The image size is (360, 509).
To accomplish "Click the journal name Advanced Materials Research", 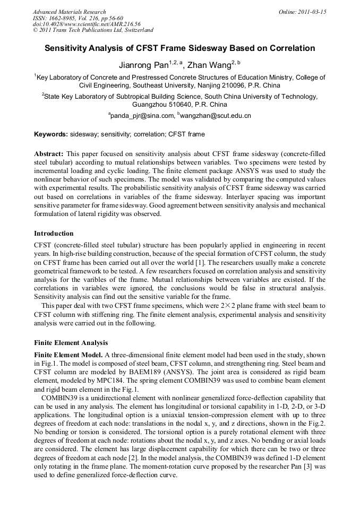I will pyautogui.click(x=69, y=12).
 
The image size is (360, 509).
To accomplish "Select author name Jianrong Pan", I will pyautogui.click(x=142, y=65).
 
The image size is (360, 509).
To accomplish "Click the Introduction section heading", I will pyautogui.click(x=54, y=234).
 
